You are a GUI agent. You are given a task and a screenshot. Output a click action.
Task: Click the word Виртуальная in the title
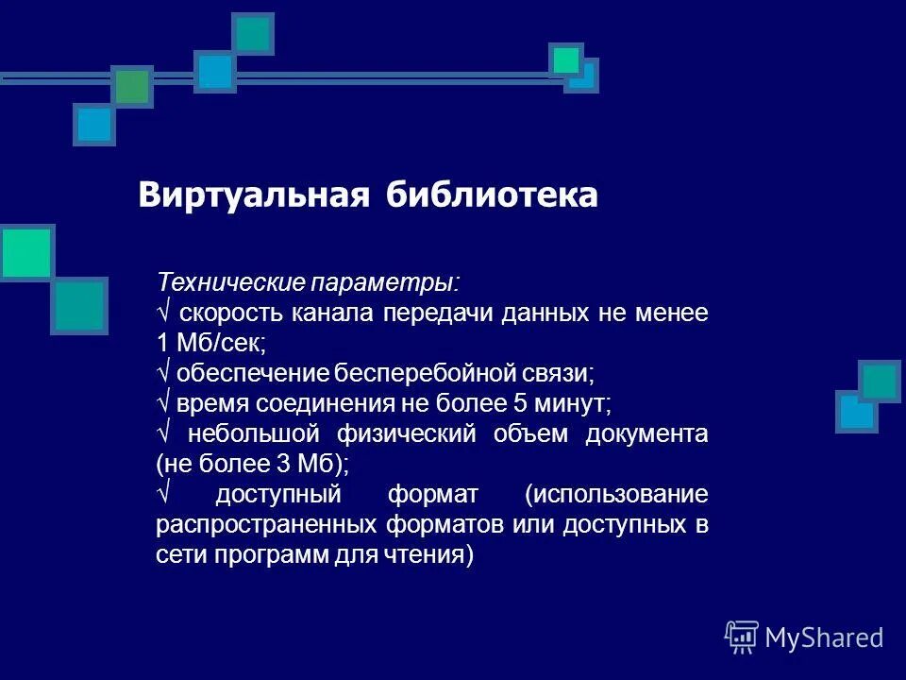(252, 195)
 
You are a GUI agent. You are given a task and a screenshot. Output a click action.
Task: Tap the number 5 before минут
(519, 403)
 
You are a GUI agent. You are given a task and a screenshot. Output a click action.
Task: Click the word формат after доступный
(433, 494)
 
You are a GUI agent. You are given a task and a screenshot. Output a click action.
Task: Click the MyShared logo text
(824, 637)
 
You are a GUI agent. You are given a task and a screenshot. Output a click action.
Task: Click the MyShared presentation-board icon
(742, 637)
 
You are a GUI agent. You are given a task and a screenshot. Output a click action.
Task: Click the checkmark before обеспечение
(161, 373)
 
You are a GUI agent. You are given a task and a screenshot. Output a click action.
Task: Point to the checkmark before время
(161, 403)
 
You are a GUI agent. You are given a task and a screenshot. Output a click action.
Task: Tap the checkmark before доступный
(161, 494)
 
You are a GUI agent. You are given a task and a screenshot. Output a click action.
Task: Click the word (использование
(617, 494)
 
